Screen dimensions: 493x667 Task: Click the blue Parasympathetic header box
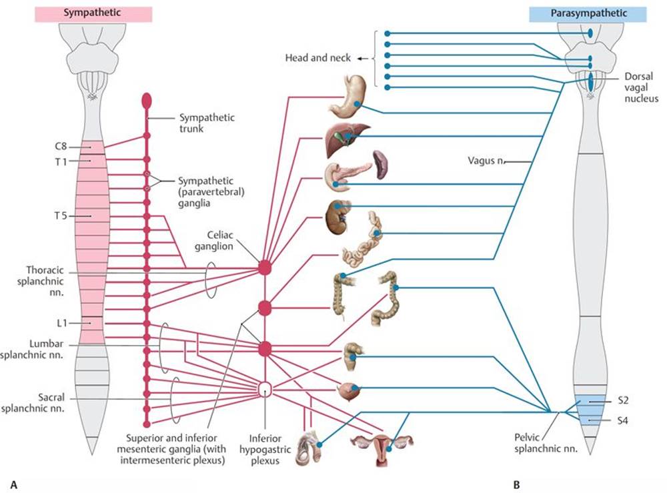(x=587, y=13)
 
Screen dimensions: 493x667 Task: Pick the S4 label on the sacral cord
(x=623, y=421)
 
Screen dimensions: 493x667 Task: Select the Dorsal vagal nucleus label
(x=642, y=87)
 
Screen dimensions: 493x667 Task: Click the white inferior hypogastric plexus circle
(x=265, y=389)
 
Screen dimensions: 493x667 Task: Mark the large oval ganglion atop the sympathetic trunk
(x=147, y=101)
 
